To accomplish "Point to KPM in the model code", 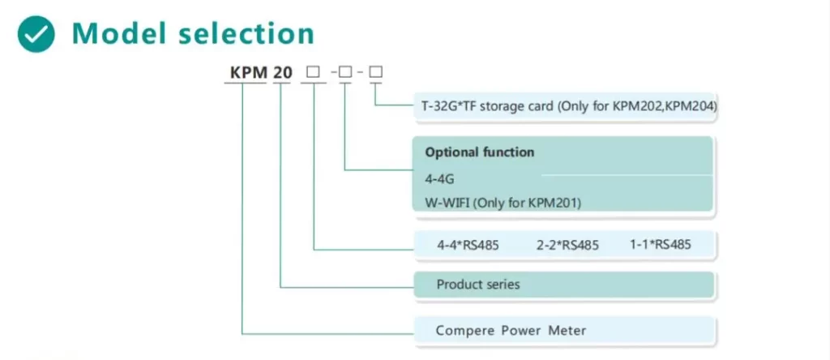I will point(249,73).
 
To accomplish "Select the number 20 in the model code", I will point(282,73).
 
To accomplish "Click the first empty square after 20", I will point(311,73).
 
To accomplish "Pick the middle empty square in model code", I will point(345,73).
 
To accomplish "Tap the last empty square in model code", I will point(375,73).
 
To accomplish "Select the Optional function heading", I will point(480,152).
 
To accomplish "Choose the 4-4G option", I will point(435,176).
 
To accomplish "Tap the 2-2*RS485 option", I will point(567,244).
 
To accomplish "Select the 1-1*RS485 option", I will point(660,244).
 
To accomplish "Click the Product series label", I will point(478,285).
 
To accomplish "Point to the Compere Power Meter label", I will point(511,330).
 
